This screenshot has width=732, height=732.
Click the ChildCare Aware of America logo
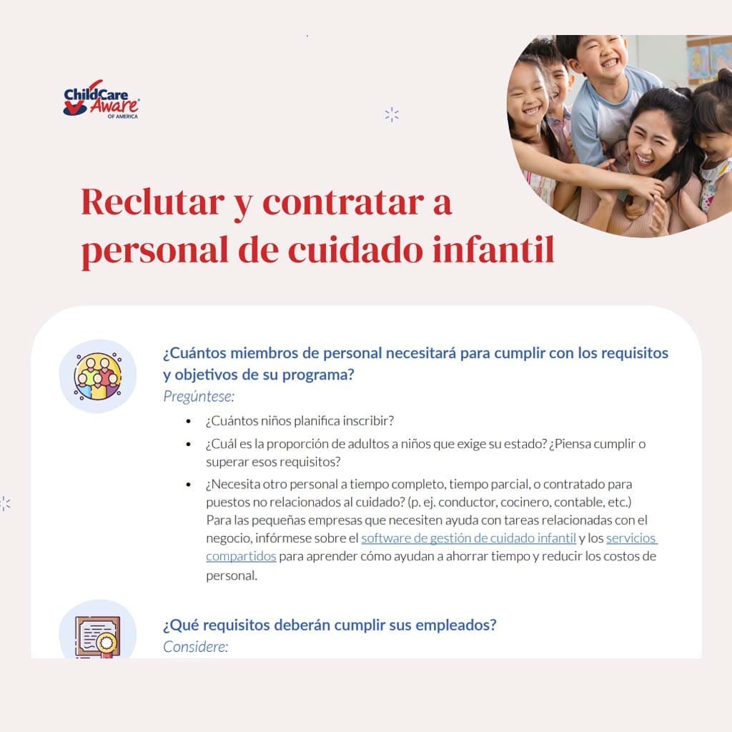pyautogui.click(x=101, y=99)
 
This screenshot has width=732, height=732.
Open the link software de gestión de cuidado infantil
pyautogui.click(x=468, y=538)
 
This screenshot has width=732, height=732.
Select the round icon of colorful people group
pyautogui.click(x=98, y=376)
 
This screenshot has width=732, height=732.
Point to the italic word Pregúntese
pyautogui.click(x=199, y=396)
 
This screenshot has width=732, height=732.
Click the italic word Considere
pyautogui.click(x=195, y=647)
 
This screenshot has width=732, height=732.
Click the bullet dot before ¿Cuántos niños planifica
pyautogui.click(x=188, y=422)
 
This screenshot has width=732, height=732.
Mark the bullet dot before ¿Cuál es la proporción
pyautogui.click(x=188, y=444)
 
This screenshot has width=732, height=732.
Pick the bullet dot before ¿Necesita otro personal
pyautogui.click(x=188, y=485)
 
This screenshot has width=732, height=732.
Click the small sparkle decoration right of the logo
pyautogui.click(x=391, y=114)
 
